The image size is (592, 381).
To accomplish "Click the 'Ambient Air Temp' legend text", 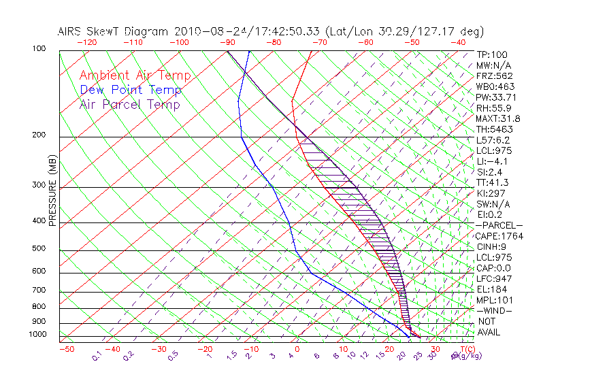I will pos(135,76).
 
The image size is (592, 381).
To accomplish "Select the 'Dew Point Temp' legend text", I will pos(131,90).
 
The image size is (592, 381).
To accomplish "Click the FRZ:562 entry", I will pos(495,76).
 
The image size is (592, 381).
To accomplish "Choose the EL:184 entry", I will pos(492,289).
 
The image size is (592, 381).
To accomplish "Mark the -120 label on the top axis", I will pos(86,42).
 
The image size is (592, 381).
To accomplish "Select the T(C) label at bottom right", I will pos(466,349).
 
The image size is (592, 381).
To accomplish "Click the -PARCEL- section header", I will pos(499,225).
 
